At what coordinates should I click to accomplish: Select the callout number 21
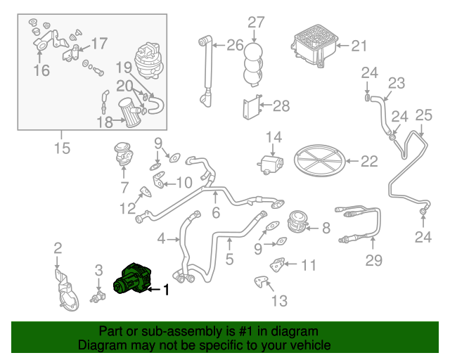pyautogui.click(x=359, y=46)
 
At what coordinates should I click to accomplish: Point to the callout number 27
pyautogui.click(x=255, y=22)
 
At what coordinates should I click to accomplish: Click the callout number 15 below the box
pyautogui.click(x=62, y=148)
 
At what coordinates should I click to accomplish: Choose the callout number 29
pyautogui.click(x=373, y=262)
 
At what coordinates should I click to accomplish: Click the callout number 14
pyautogui.click(x=273, y=136)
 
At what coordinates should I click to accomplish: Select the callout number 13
pyautogui.click(x=279, y=301)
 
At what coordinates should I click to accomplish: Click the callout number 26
pyautogui.click(x=235, y=46)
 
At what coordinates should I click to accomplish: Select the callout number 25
pyautogui.click(x=423, y=115)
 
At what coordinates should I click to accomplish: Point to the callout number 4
pyautogui.click(x=161, y=239)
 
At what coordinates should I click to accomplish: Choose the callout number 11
pyautogui.click(x=309, y=265)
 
